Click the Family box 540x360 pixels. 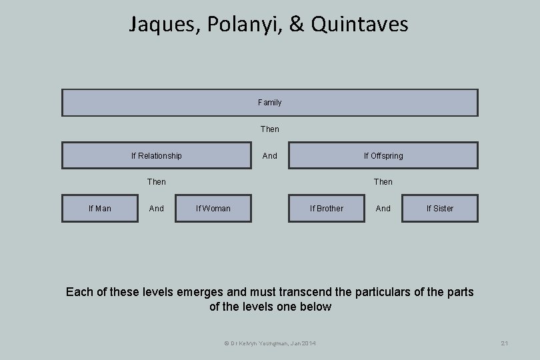[270, 103]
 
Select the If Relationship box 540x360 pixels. [157, 155]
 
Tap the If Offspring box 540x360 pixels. [383, 155]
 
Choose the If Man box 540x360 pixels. [100, 208]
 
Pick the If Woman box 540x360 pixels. [213, 208]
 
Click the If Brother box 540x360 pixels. [327, 208]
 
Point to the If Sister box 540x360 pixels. [440, 208]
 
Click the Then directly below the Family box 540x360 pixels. [270, 129]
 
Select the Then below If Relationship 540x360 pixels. [157, 181]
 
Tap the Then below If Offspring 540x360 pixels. [383, 181]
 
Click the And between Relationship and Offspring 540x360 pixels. [270, 155]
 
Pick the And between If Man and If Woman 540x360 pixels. [157, 208]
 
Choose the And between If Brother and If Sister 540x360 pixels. [383, 208]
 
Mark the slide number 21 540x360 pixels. [505, 343]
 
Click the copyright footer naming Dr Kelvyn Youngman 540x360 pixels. [270, 343]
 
